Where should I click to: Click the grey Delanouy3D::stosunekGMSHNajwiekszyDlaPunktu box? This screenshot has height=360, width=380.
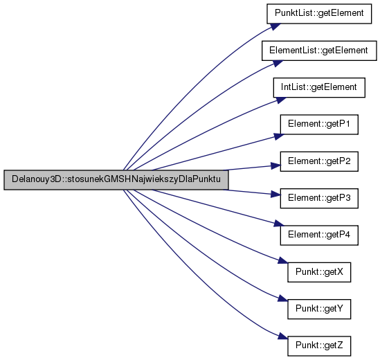116,179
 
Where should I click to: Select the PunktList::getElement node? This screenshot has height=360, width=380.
319,14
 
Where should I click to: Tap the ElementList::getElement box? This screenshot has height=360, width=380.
319,51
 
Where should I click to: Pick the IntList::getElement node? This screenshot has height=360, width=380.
319,87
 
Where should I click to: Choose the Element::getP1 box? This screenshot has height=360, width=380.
319,125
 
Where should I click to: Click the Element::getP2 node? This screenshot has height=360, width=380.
319,161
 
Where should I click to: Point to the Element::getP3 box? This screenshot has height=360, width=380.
319,198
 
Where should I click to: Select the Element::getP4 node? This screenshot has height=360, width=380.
319,235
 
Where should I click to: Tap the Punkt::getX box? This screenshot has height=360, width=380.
319,272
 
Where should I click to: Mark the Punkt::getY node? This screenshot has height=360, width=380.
319,309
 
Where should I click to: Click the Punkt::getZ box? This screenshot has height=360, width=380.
319,346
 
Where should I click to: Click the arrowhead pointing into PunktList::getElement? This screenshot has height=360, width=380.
275,26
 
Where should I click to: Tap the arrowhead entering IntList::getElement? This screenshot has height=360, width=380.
281,100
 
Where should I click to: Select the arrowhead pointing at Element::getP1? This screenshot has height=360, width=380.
279,136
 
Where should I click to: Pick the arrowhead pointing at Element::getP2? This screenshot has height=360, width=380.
275,166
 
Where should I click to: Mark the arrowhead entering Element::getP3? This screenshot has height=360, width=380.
275,194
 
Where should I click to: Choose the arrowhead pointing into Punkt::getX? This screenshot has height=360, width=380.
282,260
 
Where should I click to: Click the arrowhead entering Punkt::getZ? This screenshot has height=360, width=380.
282,336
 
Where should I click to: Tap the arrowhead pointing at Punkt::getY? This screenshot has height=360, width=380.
282,298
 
